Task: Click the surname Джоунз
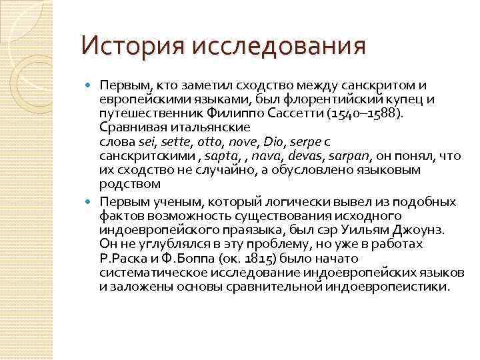[x=427, y=230]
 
